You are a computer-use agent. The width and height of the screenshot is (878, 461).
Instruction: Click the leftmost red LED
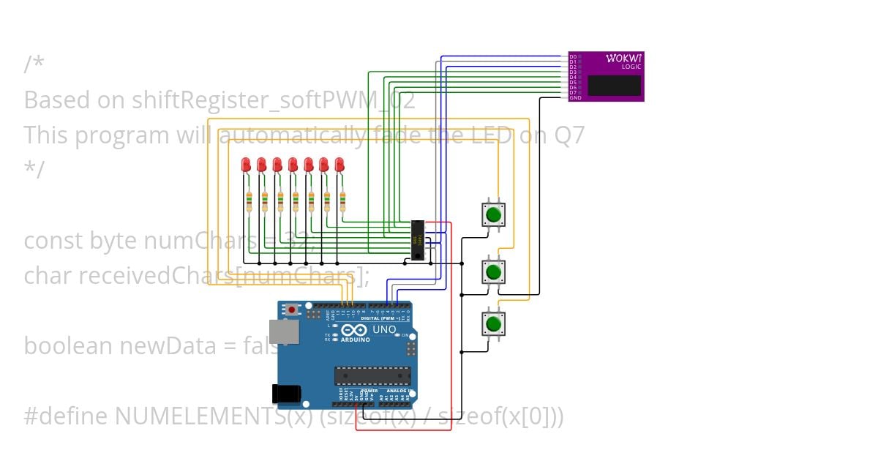coord(246,165)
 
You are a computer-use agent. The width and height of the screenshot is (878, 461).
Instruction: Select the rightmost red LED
coord(339,165)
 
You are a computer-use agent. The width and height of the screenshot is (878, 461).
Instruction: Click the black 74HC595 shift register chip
coord(417,239)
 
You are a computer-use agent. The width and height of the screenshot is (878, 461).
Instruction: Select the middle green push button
coord(493,272)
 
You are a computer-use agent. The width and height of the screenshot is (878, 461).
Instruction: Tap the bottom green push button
coord(493,323)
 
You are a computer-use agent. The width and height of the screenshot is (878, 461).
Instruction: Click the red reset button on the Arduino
coord(293,310)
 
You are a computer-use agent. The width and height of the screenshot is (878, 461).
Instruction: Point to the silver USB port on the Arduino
coord(282,331)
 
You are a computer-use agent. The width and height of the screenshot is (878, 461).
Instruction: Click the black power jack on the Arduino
coord(285,394)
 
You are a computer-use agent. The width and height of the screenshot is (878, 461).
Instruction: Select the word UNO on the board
coord(385,329)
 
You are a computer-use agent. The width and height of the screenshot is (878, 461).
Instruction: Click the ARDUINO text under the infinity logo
coord(355,340)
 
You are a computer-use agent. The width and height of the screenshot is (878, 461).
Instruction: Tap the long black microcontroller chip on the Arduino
coord(372,375)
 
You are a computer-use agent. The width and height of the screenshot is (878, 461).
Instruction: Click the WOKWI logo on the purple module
coord(624,58)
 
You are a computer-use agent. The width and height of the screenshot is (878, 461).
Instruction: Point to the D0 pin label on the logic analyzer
coord(573,56)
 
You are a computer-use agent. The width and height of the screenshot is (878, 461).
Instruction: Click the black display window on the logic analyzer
coord(615,85)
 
